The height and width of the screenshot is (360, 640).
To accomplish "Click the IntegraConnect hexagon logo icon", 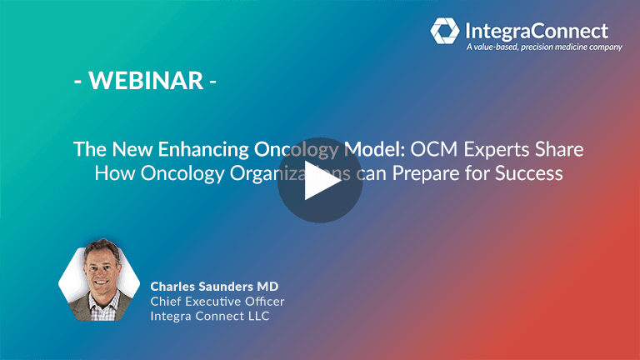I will coord(444,32).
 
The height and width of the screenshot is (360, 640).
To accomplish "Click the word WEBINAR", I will coord(145,81).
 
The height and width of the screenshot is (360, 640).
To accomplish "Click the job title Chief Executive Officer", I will coord(217,301).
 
